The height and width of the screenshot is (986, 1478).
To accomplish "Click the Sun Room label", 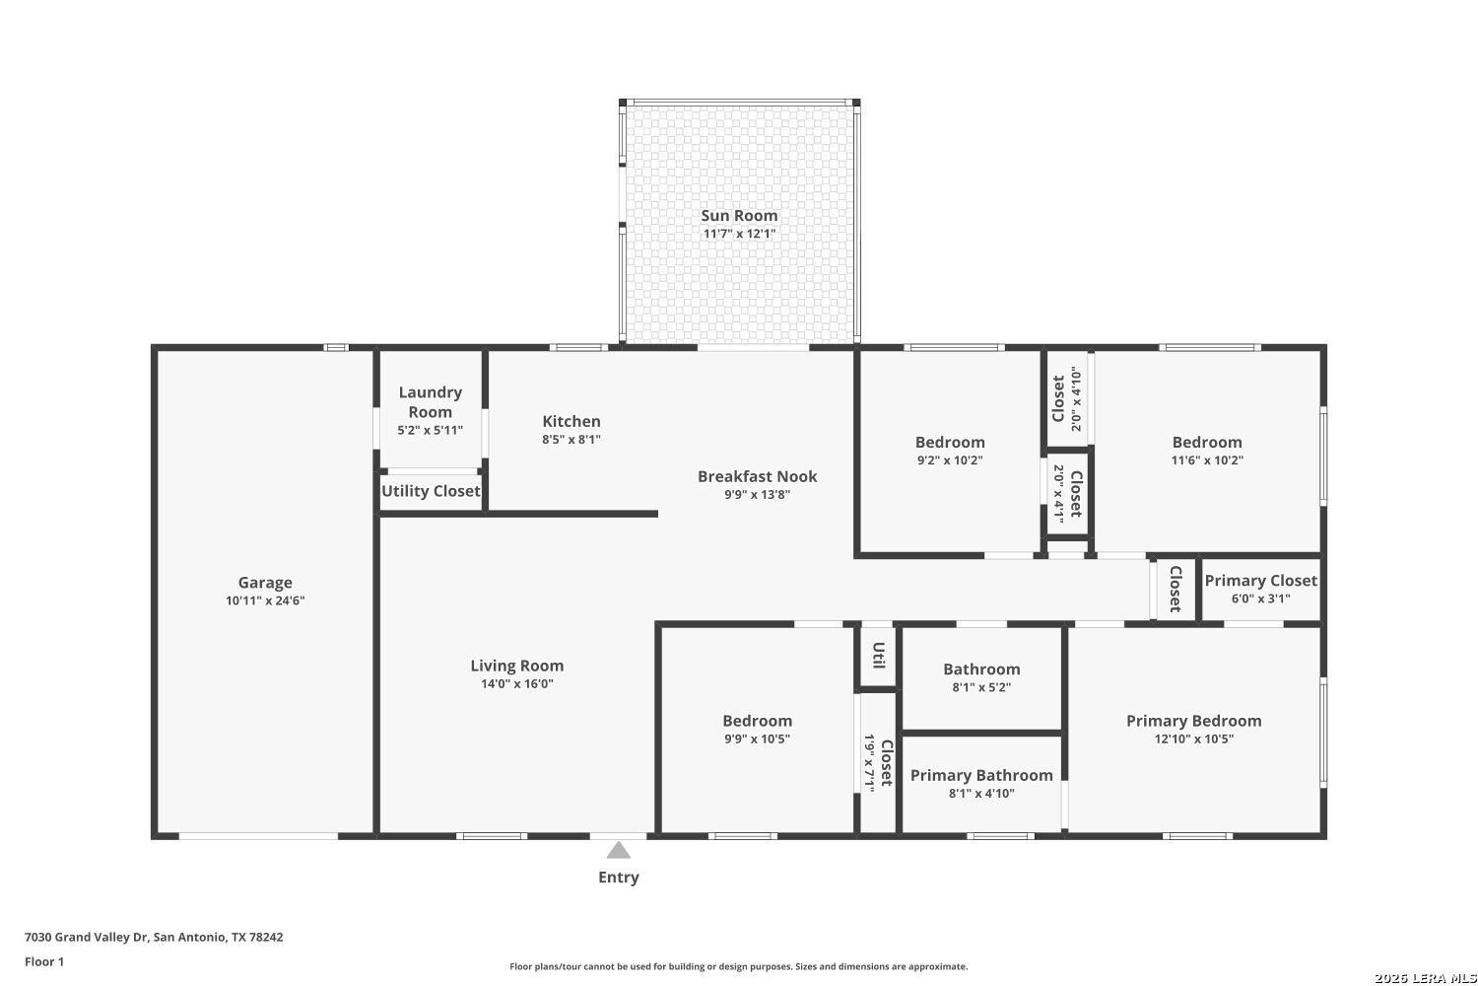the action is point(739,215).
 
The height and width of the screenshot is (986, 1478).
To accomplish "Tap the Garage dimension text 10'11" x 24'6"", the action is point(265,600).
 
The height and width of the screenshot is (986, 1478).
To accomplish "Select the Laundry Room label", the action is point(431,401).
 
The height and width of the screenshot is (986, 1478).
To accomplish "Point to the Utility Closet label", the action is point(431,491).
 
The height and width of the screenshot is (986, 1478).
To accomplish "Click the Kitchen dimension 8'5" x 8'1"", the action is point(571,439).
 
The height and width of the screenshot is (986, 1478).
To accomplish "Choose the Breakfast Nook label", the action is point(758,476).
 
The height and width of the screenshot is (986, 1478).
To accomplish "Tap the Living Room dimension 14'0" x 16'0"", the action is point(517,683).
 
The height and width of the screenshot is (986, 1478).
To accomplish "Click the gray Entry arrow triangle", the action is point(618,850).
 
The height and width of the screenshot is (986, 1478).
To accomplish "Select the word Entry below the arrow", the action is point(618,877).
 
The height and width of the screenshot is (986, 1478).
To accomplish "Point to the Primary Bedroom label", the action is point(1193,721).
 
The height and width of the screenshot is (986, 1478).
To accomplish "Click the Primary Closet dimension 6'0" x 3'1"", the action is point(1261,599).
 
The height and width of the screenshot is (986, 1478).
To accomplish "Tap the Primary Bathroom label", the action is point(981,775).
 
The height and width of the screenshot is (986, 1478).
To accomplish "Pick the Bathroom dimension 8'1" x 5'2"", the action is point(981,687).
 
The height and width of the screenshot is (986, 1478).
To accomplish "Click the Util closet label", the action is point(878,655).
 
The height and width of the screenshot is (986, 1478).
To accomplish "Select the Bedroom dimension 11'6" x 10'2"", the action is point(1207,460).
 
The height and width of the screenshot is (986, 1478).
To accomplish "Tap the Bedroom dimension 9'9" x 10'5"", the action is point(758,739).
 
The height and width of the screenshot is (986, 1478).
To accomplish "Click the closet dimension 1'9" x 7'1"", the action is point(869,763).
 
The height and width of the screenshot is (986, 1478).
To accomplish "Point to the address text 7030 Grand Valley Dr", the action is point(87,937).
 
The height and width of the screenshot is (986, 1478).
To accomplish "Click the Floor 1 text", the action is point(44,961).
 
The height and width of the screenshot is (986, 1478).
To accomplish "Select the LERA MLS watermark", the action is point(1425,978).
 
